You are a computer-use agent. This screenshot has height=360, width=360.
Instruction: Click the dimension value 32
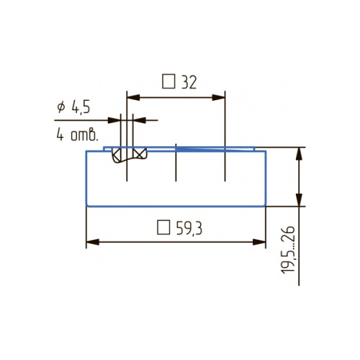(x=189, y=82)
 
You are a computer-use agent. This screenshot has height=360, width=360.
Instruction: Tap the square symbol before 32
(x=168, y=81)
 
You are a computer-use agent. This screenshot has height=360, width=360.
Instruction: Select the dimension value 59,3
(x=189, y=228)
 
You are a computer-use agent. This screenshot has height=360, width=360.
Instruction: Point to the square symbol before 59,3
(x=163, y=228)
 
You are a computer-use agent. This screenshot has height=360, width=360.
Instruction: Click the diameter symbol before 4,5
(x=61, y=107)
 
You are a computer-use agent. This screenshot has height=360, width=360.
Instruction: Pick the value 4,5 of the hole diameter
(x=81, y=107)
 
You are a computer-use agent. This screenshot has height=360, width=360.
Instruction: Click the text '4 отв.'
(x=77, y=135)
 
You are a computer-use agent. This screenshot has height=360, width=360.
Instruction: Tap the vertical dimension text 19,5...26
(x=288, y=250)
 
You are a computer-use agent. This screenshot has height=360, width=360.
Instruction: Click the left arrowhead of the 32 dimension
(x=133, y=98)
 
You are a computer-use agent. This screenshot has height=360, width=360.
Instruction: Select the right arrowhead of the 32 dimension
(x=219, y=98)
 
